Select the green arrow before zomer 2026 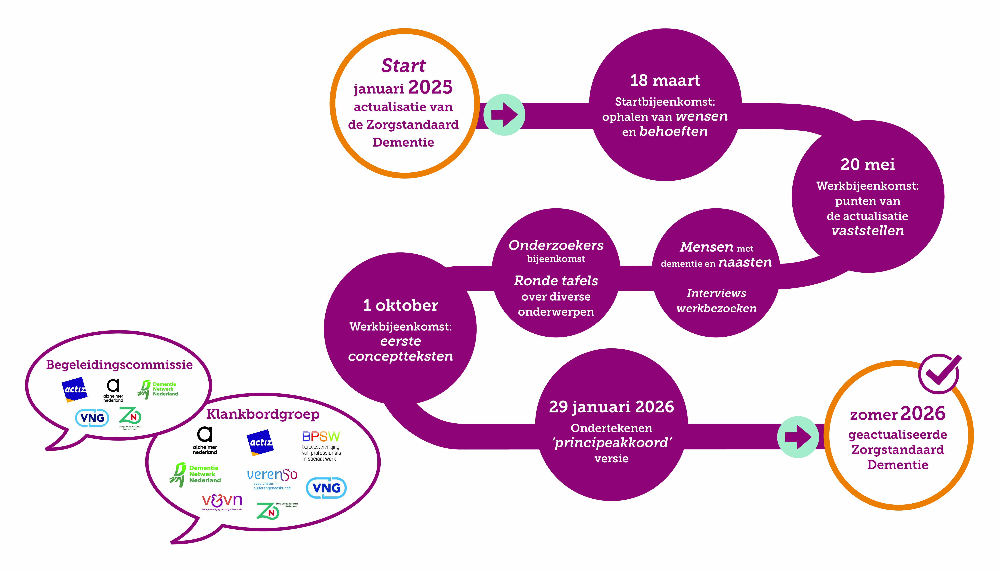coord(798,436)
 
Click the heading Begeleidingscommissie coord(119,365)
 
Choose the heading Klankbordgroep coord(263,414)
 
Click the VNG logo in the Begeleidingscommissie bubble coord(92,418)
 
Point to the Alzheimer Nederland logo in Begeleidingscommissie coord(113,390)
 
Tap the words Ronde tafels coord(556,281)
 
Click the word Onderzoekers coord(556,245)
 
